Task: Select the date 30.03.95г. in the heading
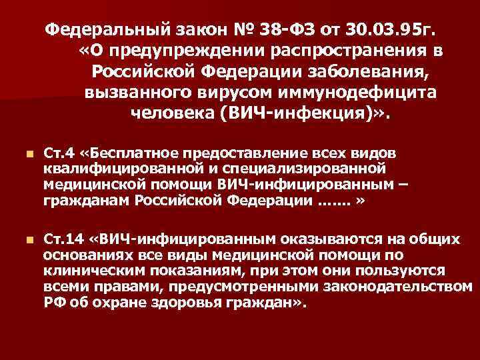click(377, 30)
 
